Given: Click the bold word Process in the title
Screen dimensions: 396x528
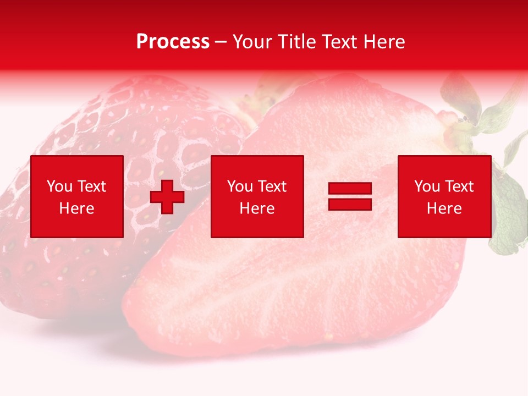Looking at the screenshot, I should (173, 42).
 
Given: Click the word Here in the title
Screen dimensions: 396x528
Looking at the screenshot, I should (385, 42).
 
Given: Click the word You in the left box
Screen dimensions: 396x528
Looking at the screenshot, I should (59, 186).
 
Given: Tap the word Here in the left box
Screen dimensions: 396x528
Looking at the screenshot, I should (76, 208).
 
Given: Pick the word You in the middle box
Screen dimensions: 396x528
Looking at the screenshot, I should (240, 186).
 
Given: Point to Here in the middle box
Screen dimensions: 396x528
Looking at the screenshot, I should (257, 208).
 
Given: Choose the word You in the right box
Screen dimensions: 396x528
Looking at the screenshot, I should (427, 186).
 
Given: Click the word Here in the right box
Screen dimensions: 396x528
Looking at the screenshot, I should (444, 208).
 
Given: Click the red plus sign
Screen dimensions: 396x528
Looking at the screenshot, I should (167, 197).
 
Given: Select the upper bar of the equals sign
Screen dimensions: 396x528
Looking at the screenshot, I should (350, 189).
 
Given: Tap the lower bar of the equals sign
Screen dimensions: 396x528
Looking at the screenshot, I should (350, 204).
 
